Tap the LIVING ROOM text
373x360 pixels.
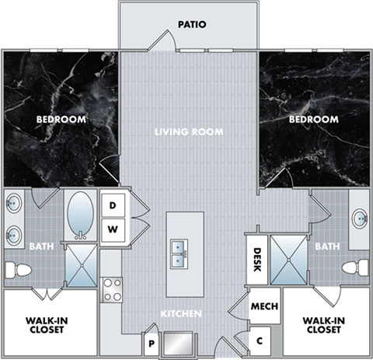(188, 132)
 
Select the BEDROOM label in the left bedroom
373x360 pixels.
(61, 120)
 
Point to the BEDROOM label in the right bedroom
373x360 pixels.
(314, 120)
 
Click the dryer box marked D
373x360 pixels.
(113, 205)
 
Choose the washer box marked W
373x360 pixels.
(113, 229)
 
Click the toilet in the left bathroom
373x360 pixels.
(19, 270)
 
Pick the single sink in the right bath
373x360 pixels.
(360, 218)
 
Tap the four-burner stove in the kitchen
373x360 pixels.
(113, 290)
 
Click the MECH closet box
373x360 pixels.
(260, 306)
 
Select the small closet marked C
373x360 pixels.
(260, 341)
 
